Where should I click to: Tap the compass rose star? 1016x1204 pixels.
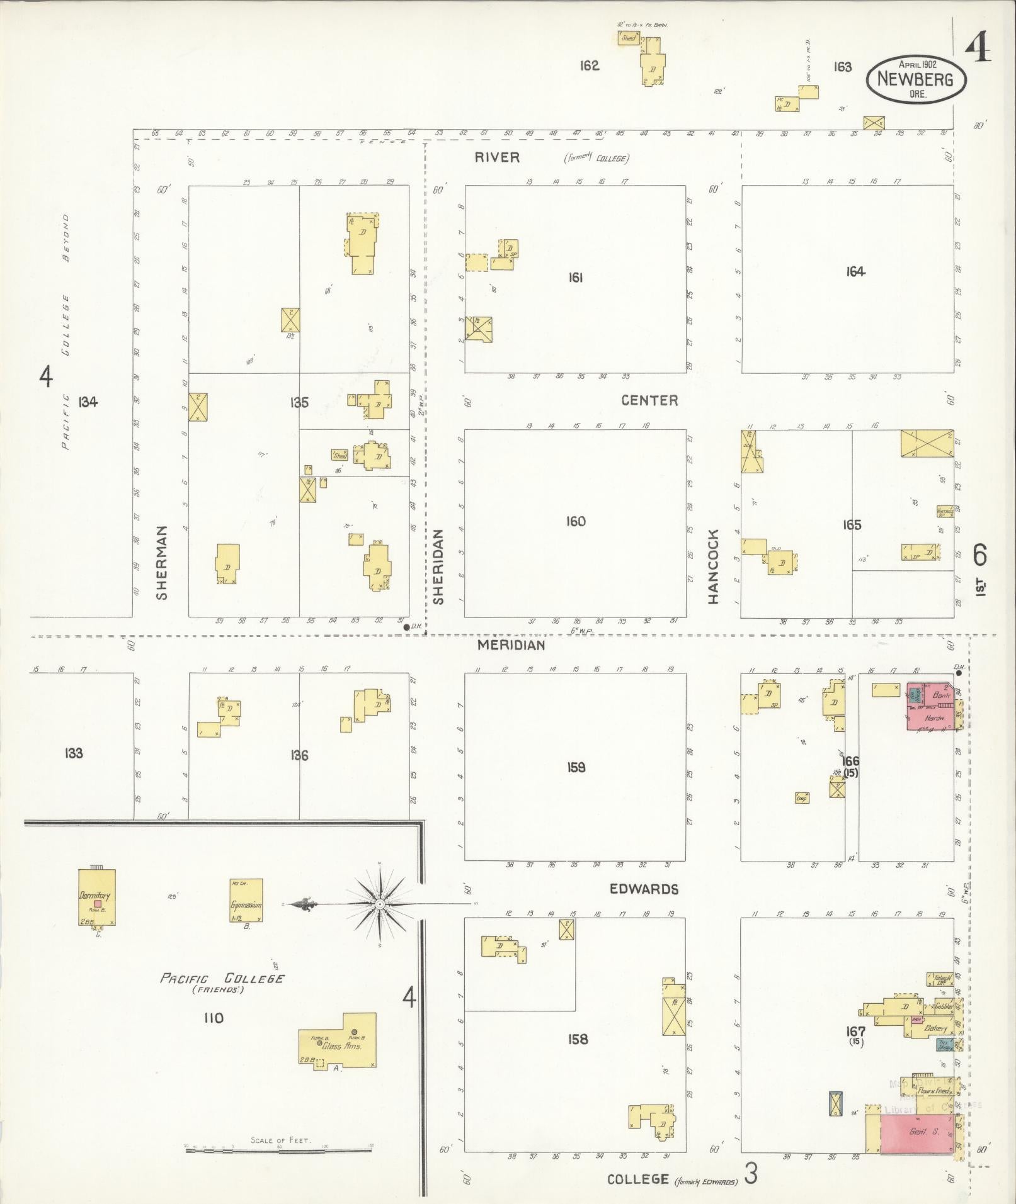click(380, 904)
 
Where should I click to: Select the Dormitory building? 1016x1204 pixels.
click(97, 897)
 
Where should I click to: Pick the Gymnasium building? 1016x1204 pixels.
click(246, 901)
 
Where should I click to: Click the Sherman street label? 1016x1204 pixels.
click(162, 563)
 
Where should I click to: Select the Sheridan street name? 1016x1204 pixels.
click(438, 566)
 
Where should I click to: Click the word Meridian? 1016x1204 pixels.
click(511, 644)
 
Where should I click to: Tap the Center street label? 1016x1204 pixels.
click(649, 400)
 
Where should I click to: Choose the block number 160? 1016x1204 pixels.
click(576, 521)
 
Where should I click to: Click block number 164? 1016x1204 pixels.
click(855, 272)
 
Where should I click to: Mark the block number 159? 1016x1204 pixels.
click(576, 767)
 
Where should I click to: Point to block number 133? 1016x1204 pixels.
click(74, 753)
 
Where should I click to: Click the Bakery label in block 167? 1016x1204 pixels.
click(936, 1028)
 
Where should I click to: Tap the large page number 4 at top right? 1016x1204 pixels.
click(977, 48)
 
